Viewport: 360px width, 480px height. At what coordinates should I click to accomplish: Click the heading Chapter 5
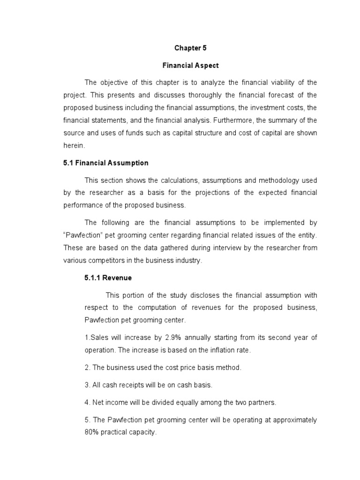190,48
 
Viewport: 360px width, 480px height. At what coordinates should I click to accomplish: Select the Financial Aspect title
190,65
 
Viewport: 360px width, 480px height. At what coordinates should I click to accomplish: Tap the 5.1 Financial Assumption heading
105,163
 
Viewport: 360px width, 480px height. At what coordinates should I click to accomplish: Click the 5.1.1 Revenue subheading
108,278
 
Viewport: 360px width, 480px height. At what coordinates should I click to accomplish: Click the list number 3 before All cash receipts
87,385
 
